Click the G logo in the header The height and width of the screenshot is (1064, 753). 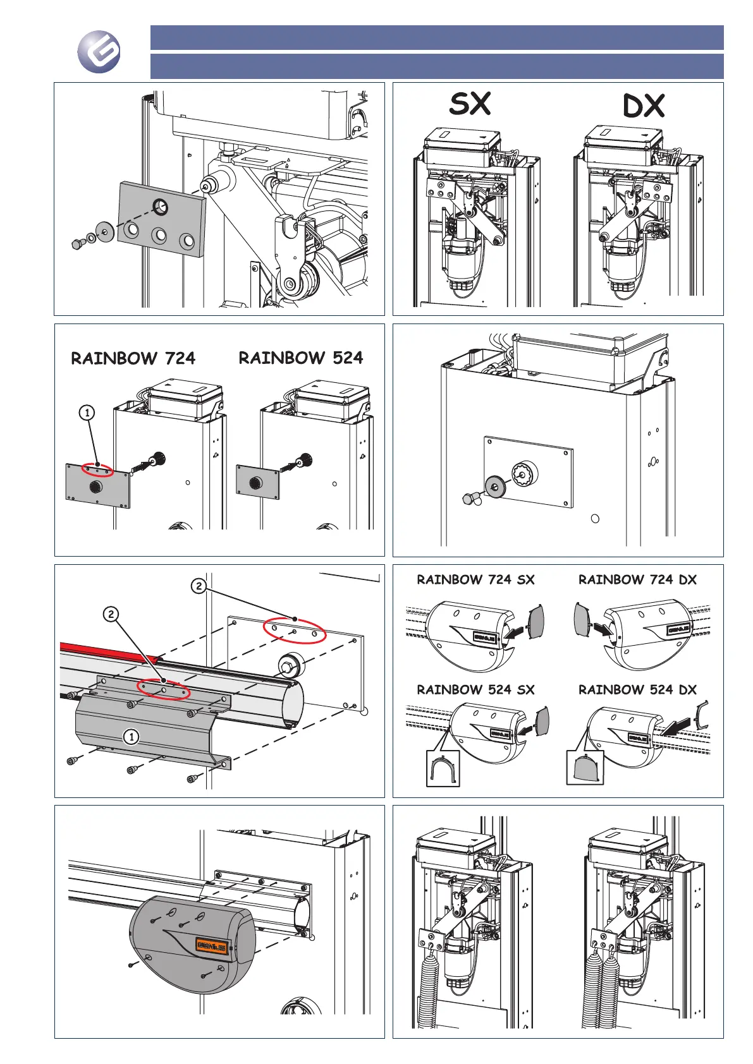99,52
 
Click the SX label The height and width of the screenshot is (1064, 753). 470,104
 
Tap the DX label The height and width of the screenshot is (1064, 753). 644,106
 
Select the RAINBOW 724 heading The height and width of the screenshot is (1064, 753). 133,358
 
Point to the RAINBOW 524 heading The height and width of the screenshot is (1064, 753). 301,358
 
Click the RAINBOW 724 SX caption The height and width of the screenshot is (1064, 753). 475,579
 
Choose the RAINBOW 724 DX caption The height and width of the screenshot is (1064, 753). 637,579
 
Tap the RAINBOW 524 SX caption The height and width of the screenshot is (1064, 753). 475,689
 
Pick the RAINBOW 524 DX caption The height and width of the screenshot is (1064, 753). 637,689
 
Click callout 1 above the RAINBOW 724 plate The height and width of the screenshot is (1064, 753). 87,413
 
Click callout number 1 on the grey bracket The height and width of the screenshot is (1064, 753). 131,737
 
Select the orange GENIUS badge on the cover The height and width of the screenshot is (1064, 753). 212,946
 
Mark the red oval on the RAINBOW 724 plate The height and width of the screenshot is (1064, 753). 98,471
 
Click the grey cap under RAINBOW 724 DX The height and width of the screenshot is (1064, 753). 582,619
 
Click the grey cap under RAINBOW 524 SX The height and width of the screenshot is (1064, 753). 542,722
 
